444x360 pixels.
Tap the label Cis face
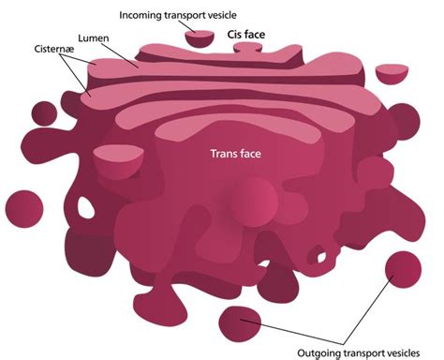247,37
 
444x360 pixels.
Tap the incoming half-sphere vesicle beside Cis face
200,37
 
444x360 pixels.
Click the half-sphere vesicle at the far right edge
392,72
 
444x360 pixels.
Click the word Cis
236,37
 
